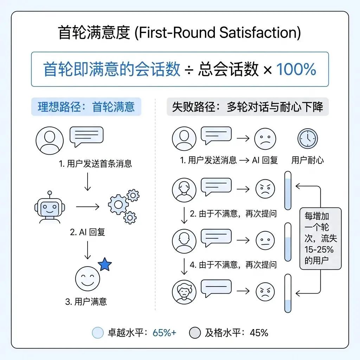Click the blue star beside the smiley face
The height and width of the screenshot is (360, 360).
coord(104,265)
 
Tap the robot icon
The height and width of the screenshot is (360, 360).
coord(50,208)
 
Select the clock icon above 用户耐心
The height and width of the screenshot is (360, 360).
coord(308,140)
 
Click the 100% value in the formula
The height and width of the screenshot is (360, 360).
coord(296,70)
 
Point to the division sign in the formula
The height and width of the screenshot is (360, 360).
coord(189,70)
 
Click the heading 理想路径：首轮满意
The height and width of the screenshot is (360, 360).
coord(86,107)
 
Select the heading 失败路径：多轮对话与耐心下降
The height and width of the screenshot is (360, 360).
coord(247,107)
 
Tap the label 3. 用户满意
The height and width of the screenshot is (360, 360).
coord(86,302)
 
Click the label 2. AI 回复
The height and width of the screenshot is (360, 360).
coord(87,232)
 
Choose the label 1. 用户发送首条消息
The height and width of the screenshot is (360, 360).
coord(96,164)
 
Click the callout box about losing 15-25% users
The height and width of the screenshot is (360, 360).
coord(320,238)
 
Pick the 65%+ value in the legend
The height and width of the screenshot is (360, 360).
coord(165,333)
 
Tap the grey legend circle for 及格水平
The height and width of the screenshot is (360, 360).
coord(195,333)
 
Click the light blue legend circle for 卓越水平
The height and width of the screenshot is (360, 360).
coord(97,333)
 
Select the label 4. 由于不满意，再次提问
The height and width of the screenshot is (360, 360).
coord(233,265)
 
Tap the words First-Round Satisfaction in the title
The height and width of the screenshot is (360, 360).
coord(218,33)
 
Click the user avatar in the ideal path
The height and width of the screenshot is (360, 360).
coord(50,140)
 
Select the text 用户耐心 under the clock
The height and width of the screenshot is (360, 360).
coord(308,160)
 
